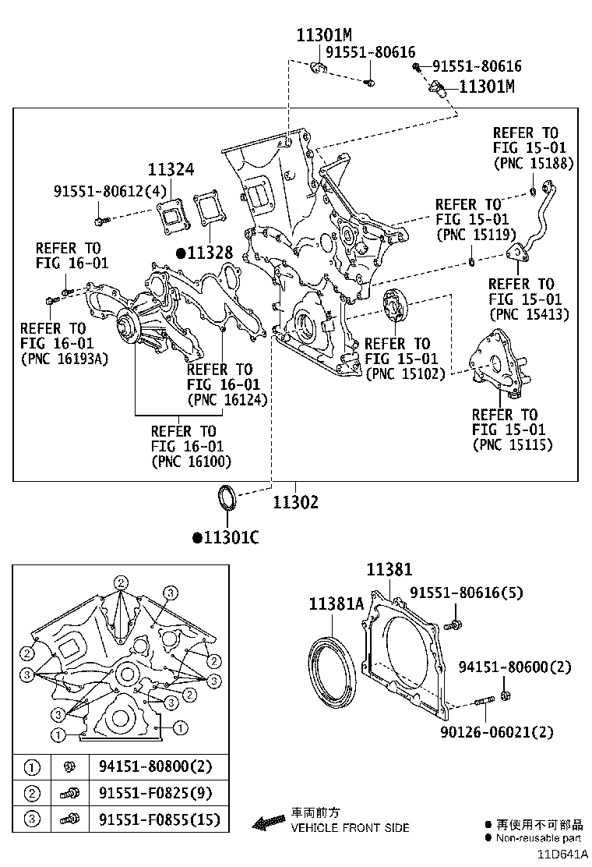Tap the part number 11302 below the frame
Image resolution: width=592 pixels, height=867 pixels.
(x=295, y=503)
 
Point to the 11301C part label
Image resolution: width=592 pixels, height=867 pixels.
(x=231, y=537)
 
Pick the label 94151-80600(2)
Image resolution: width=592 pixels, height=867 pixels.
(x=515, y=667)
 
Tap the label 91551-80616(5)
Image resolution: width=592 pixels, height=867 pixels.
(x=479, y=593)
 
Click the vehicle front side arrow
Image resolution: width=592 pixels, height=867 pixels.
(x=269, y=821)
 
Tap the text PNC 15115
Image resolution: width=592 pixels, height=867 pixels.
(x=513, y=444)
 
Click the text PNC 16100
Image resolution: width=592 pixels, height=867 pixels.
(x=191, y=461)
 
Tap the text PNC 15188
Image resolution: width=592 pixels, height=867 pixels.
(x=534, y=163)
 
